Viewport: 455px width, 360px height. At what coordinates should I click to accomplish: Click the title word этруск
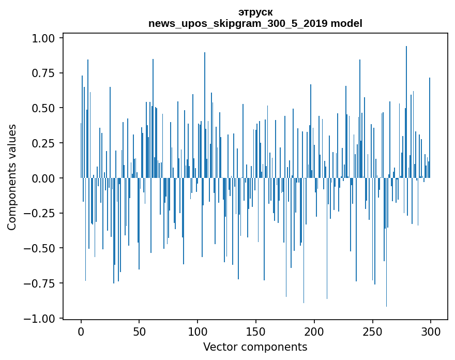255,12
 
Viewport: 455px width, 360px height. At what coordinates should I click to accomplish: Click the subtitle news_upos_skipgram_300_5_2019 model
255,23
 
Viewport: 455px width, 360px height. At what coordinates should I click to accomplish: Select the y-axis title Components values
12,177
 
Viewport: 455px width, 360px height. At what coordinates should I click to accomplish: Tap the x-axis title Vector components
255,347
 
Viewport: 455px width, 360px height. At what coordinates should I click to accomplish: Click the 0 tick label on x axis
81,332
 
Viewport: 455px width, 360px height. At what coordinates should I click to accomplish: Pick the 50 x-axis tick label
139,332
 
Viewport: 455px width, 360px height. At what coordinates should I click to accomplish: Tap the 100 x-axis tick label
198,332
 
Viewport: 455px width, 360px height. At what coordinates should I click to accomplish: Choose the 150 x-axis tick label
256,332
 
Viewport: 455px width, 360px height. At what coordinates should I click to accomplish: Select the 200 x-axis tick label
314,332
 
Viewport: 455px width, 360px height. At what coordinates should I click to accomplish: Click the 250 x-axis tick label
372,332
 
